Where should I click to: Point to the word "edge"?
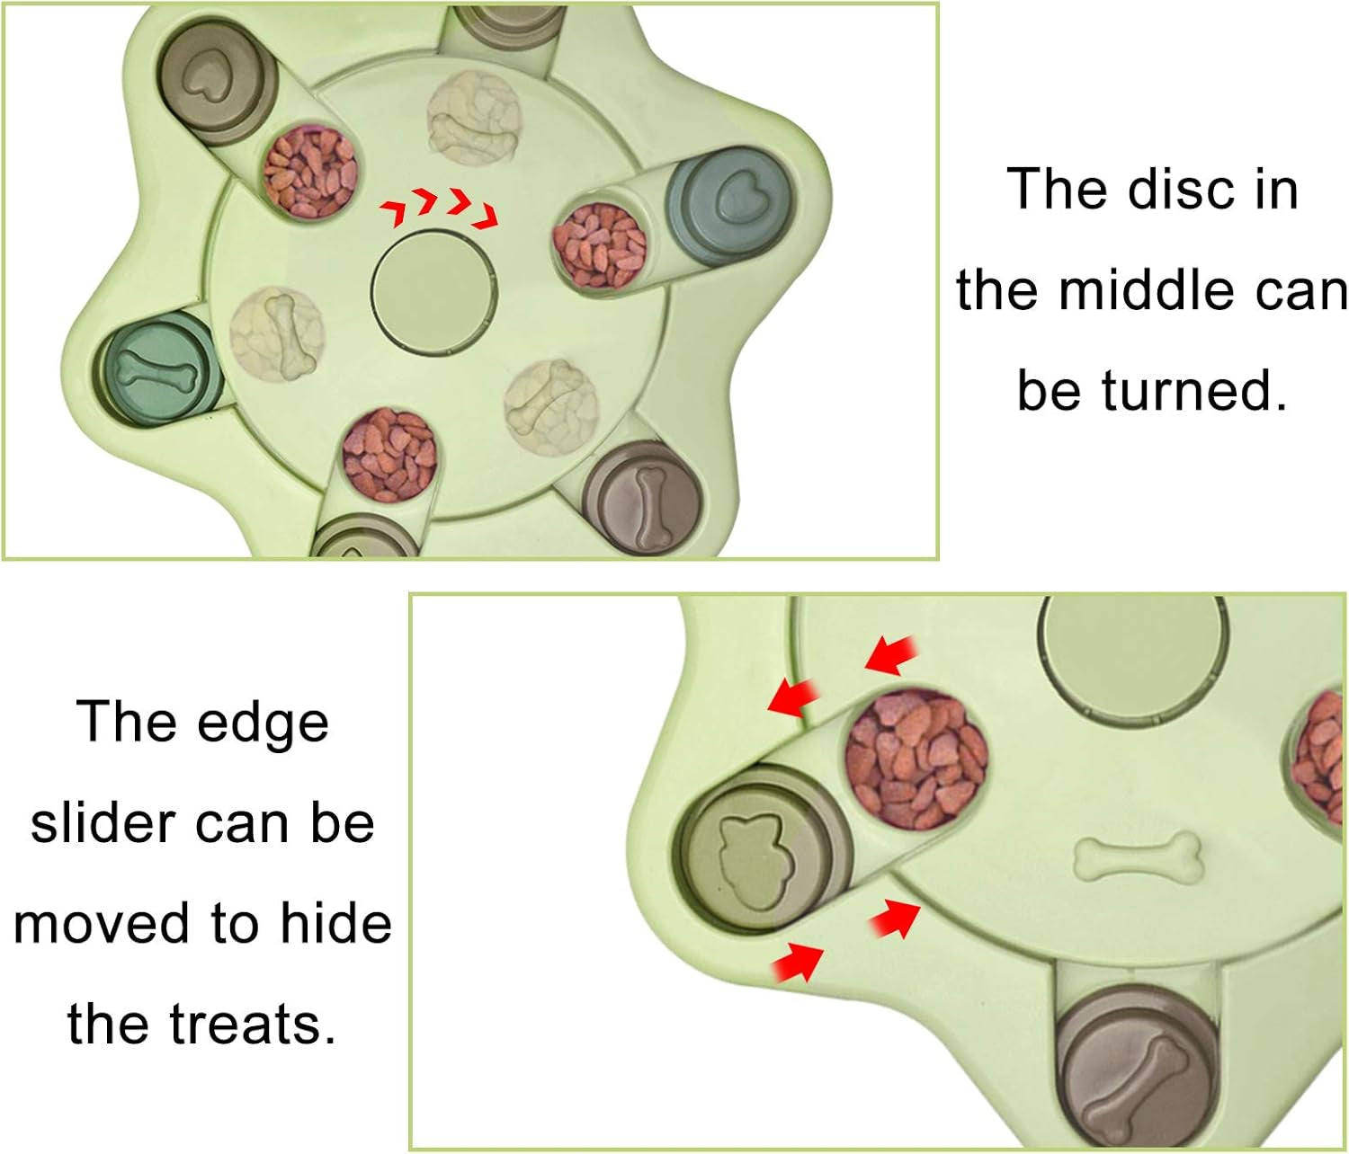pyautogui.click(x=263, y=724)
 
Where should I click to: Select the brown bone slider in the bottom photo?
pyautogui.click(x=1139, y=1069)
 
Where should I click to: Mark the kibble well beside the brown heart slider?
pyautogui.click(x=310, y=173)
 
